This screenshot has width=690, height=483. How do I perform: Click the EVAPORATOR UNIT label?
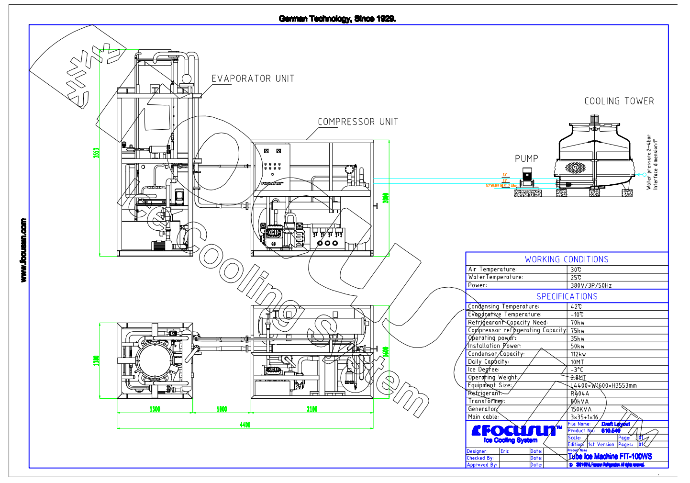[253, 79]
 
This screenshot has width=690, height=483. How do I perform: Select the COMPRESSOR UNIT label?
[358, 122]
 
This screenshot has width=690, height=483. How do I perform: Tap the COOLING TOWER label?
[619, 101]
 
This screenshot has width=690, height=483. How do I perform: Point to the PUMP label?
[526, 159]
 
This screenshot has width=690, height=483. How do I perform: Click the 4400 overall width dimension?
[245, 425]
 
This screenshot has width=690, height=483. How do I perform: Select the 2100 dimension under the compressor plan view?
[312, 409]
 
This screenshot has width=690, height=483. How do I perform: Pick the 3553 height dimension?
[96, 153]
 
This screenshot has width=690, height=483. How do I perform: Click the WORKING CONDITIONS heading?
[567, 259]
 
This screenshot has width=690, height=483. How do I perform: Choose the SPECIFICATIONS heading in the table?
[567, 297]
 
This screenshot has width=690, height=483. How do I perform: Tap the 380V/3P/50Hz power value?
[591, 285]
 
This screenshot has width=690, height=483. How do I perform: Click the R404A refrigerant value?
[580, 393]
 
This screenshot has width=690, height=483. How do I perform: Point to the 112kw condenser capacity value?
[578, 354]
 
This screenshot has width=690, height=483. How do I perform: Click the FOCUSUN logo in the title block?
[515, 431]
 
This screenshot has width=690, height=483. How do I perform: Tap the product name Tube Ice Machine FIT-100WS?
[610, 457]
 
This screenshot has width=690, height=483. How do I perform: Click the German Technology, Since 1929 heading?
[337, 19]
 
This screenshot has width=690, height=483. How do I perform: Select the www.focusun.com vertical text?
[23, 250]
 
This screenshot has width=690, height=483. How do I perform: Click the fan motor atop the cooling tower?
[594, 120]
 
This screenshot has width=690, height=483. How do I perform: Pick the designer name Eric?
[505, 451]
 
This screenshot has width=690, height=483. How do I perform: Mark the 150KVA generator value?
[581, 409]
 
